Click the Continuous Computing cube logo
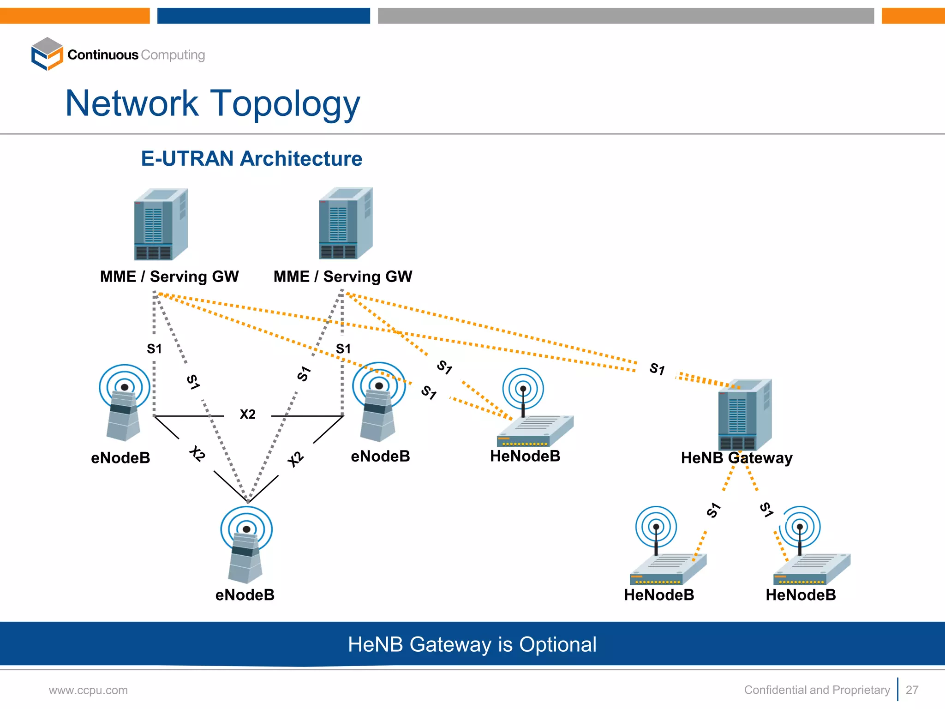coord(47,54)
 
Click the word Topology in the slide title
coord(285,104)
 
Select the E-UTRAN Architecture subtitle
coord(251,159)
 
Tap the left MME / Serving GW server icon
coord(161,224)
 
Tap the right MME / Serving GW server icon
coord(346,223)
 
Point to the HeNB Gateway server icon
coord(744,415)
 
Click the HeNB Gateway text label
coord(736,458)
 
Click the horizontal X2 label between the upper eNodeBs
coord(247,414)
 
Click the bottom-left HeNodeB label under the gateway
coord(659,595)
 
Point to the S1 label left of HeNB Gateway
coord(657,369)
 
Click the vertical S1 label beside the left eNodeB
coord(154,348)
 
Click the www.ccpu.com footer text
coord(88,690)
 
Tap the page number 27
coord(912,690)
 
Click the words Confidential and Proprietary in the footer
coord(817,690)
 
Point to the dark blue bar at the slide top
coord(263,16)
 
